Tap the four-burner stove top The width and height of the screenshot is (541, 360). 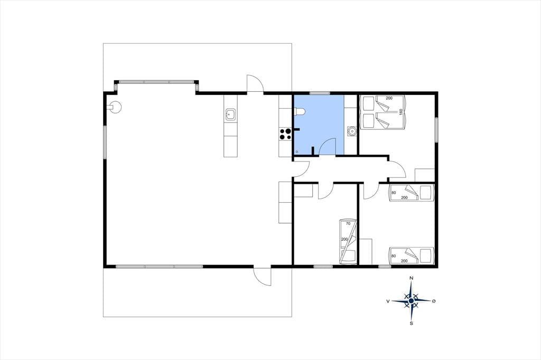pos(285,134)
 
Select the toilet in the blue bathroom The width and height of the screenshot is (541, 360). pos(300,111)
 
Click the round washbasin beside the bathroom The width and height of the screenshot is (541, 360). pos(351,131)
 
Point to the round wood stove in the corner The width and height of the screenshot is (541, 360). pos(115,107)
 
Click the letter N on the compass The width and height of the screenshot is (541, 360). pos(411,278)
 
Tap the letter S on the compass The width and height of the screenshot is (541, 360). pos(411,324)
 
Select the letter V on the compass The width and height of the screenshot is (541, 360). pos(388,301)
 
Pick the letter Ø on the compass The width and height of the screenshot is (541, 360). pos(434,301)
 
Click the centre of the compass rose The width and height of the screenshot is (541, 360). pos(411,301)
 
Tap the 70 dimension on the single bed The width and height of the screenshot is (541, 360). pos(348,223)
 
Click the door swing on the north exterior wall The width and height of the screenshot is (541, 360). pos(255,83)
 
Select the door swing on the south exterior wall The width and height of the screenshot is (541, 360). pos(262,276)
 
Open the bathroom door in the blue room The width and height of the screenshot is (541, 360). pos(328,147)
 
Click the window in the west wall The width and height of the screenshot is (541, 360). pos(105,141)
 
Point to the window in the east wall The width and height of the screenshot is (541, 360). pos(436,130)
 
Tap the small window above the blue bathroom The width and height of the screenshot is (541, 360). pos(320,93)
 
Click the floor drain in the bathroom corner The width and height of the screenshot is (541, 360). pos(297,151)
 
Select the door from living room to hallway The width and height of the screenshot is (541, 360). pos(301,169)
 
